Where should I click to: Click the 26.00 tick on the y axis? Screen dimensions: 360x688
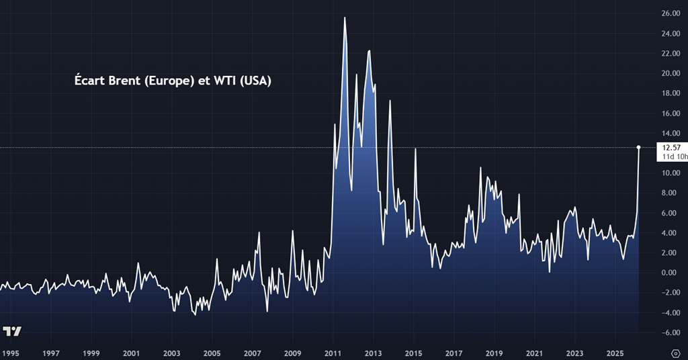[x=671, y=13]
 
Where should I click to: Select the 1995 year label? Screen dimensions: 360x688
[x=10, y=353]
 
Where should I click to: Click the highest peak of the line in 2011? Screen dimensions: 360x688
[x=345, y=18]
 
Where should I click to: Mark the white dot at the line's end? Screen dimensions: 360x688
[x=638, y=147]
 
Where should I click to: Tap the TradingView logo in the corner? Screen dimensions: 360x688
[x=12, y=331]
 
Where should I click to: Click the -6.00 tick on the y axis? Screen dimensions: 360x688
[x=671, y=332]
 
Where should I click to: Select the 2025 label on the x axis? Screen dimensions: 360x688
[x=615, y=353]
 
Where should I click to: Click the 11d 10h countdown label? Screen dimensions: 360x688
[x=674, y=156]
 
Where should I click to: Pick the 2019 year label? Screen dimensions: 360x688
[x=494, y=353]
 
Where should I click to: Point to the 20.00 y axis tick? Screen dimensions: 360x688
[x=671, y=74]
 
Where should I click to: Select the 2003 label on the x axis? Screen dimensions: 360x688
[x=171, y=353]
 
